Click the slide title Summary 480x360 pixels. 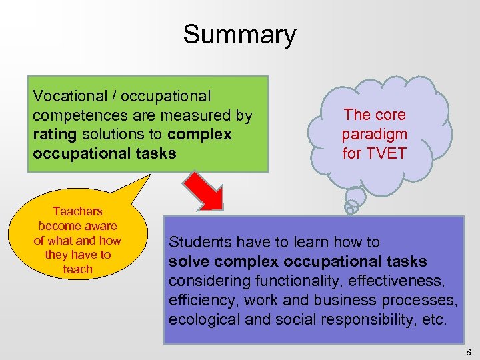(239, 35)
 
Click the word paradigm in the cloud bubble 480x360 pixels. (374, 134)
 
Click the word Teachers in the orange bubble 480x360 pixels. (77, 211)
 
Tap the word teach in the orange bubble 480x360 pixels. (77, 269)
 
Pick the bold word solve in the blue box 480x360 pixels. (188, 261)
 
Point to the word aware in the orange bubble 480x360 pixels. (101, 226)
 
